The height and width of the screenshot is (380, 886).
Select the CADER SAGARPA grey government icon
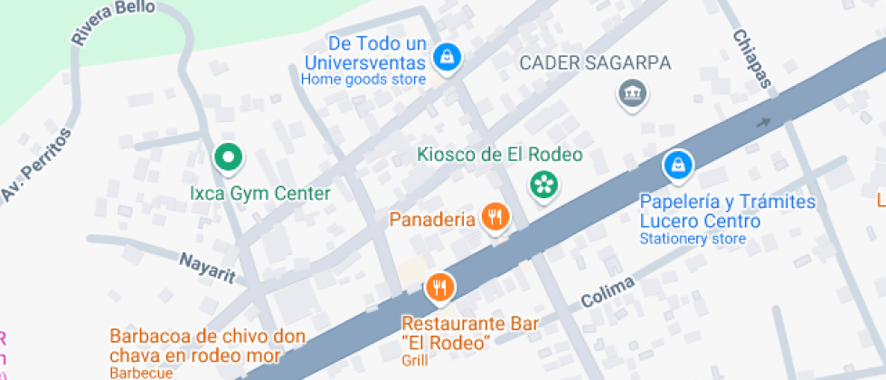tap(629, 92)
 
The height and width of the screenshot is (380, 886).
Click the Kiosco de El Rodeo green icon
tap(543, 185)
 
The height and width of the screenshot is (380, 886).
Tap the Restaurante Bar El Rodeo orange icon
tap(440, 288)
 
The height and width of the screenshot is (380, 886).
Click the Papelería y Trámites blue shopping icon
tap(677, 165)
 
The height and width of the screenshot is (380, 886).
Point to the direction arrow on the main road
tap(765, 123)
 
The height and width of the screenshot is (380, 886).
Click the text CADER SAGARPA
tap(594, 63)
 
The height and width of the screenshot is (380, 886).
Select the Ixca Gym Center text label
tap(259, 194)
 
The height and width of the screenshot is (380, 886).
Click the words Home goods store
tap(363, 80)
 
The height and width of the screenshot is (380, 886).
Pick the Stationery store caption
tap(693, 239)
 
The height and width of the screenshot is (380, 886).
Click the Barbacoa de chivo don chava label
tap(207, 346)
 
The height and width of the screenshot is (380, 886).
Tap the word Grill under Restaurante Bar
tap(413, 359)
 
